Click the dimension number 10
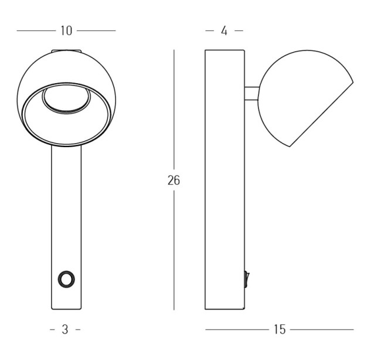pos(66,30)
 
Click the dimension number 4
pos(224,30)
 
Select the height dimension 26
pos(174,180)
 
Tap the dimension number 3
pos(65,330)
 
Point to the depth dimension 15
pos(280,330)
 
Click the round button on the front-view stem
pos(66,279)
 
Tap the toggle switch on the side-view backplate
pos(247,280)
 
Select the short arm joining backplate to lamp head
pos(252,93)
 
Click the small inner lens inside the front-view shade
pos(66,100)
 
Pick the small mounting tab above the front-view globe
pos(66,51)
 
